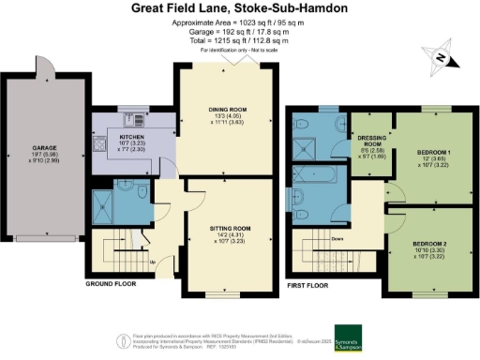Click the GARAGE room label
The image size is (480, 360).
click(x=44, y=147)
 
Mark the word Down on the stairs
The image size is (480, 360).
click(x=337, y=237)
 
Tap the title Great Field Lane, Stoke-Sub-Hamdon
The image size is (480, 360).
click(x=240, y=8)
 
